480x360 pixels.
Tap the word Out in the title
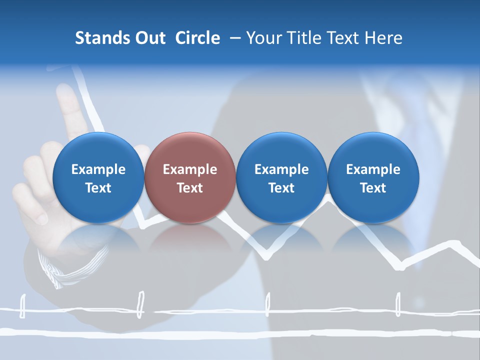(149, 38)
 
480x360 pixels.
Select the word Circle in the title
(197, 38)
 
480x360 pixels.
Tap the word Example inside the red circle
(190, 169)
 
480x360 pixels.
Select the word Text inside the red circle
(190, 188)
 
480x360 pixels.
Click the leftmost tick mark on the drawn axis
(22, 306)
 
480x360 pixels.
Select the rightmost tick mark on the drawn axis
(398, 304)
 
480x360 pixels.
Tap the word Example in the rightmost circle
(373, 169)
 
